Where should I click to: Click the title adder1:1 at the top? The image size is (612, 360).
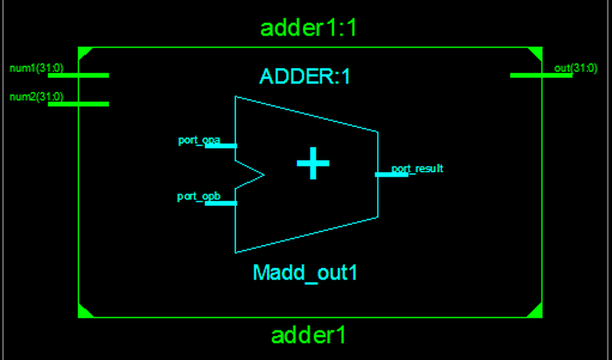(x=308, y=29)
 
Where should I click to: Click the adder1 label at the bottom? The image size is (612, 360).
(x=308, y=336)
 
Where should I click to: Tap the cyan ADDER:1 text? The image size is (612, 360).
(x=305, y=76)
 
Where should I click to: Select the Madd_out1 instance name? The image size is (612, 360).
(x=305, y=273)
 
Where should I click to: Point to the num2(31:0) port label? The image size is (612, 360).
(x=36, y=97)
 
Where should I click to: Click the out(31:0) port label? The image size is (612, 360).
(x=576, y=68)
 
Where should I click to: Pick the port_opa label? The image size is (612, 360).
(x=199, y=141)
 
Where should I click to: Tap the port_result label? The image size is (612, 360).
(x=417, y=168)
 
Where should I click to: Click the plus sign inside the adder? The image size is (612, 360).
(x=313, y=163)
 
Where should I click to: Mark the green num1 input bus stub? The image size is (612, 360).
(x=78, y=75)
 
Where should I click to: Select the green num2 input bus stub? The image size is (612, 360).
(x=78, y=104)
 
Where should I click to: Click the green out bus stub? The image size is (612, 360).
(x=541, y=75)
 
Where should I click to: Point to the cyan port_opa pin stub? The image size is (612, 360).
(x=221, y=146)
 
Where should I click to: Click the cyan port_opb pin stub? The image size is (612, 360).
(x=221, y=203)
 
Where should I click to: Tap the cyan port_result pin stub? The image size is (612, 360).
(x=391, y=175)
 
